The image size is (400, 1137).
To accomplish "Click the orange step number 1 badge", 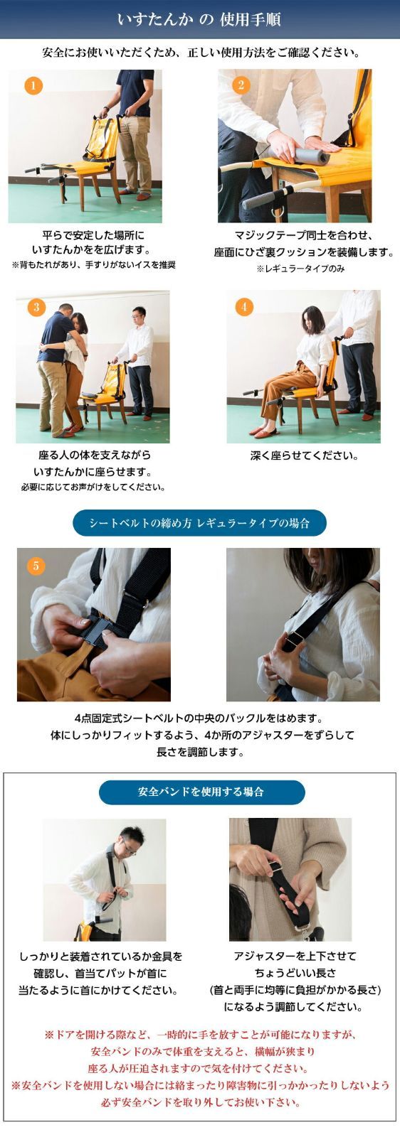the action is click(x=33, y=85).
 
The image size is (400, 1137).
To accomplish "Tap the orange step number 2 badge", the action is click(x=241, y=85).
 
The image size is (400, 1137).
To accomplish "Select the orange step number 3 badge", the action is click(x=36, y=307).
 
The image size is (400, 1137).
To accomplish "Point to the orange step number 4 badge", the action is click(x=244, y=306).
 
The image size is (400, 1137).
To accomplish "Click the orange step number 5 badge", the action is click(x=36, y=566).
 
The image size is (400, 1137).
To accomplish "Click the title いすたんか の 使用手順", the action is click(x=199, y=20).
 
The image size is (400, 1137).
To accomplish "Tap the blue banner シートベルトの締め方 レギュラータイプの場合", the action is click(x=199, y=523).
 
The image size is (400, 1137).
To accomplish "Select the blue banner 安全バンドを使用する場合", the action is click(x=201, y=792).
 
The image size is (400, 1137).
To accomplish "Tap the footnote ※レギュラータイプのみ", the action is click(x=300, y=269).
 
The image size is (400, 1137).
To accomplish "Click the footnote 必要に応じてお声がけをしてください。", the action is click(x=93, y=487).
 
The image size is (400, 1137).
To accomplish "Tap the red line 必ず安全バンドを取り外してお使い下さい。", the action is click(x=200, y=1102).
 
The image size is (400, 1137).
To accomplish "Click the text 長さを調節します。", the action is click(x=200, y=752).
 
